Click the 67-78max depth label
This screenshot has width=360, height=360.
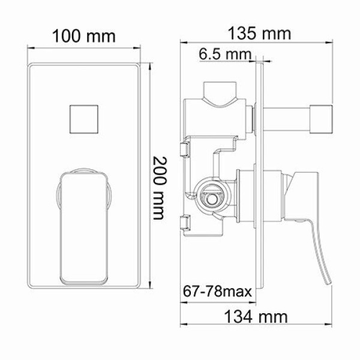(x=217, y=293)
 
